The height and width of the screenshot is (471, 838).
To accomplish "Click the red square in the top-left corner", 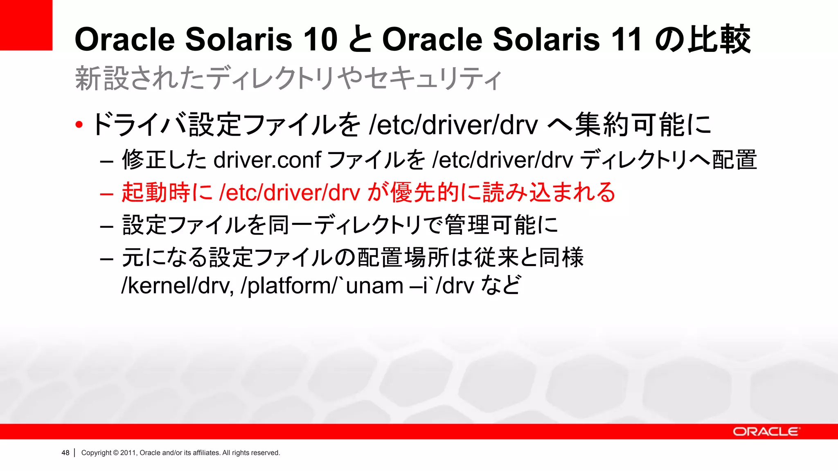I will (26, 25).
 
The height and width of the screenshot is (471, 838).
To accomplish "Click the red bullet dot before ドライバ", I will (79, 125).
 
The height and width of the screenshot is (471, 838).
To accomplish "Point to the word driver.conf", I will (267, 160).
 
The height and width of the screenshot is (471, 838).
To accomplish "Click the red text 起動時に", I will (167, 192).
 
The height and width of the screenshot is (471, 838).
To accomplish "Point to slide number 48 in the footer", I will (65, 453).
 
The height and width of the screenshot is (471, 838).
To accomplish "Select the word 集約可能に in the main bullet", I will (643, 125).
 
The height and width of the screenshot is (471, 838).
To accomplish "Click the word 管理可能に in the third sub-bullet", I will (501, 225).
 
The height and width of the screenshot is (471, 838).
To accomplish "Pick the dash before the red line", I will (106, 193).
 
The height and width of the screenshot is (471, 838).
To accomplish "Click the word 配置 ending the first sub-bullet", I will (734, 160).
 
